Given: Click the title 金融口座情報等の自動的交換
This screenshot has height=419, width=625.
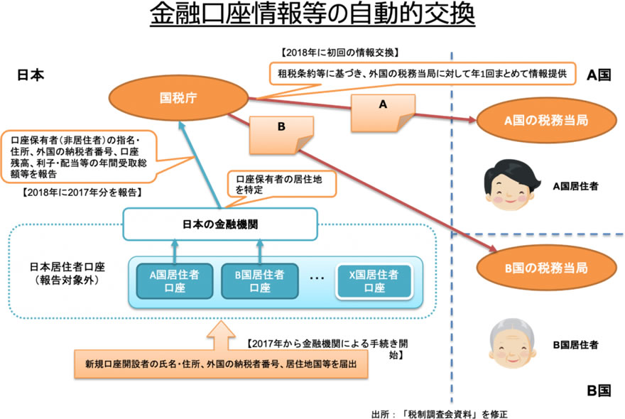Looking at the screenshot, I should tap(312, 16).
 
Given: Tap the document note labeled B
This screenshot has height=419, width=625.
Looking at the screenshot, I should tap(279, 134).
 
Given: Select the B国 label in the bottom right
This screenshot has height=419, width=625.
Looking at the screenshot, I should tap(599, 389).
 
